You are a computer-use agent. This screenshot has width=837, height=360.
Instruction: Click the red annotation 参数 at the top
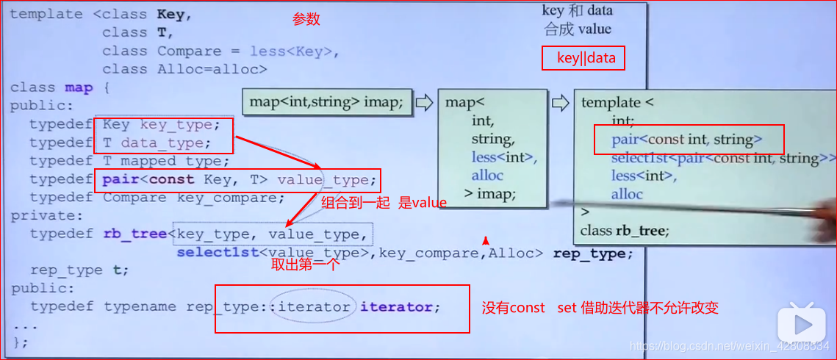(306, 20)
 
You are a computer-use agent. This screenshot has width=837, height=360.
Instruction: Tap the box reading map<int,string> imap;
(326, 102)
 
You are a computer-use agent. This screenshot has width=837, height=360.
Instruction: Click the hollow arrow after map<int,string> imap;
(424, 102)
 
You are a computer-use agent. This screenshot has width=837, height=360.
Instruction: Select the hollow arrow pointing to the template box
(560, 103)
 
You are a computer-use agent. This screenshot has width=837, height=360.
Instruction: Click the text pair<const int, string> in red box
(686, 139)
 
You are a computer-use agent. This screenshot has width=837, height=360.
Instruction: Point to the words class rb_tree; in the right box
(624, 231)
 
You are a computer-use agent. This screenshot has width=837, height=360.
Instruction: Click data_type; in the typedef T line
(166, 143)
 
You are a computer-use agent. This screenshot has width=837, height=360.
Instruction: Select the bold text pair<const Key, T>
(187, 179)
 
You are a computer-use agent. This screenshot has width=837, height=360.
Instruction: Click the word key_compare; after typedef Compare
(230, 198)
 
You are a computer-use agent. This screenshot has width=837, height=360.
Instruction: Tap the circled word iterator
(314, 307)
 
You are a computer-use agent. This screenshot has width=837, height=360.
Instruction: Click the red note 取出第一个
(305, 265)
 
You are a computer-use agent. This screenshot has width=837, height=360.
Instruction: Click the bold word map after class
(79, 87)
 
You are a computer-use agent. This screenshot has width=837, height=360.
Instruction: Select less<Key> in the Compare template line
(293, 51)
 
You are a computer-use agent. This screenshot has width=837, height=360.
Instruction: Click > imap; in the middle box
(492, 194)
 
